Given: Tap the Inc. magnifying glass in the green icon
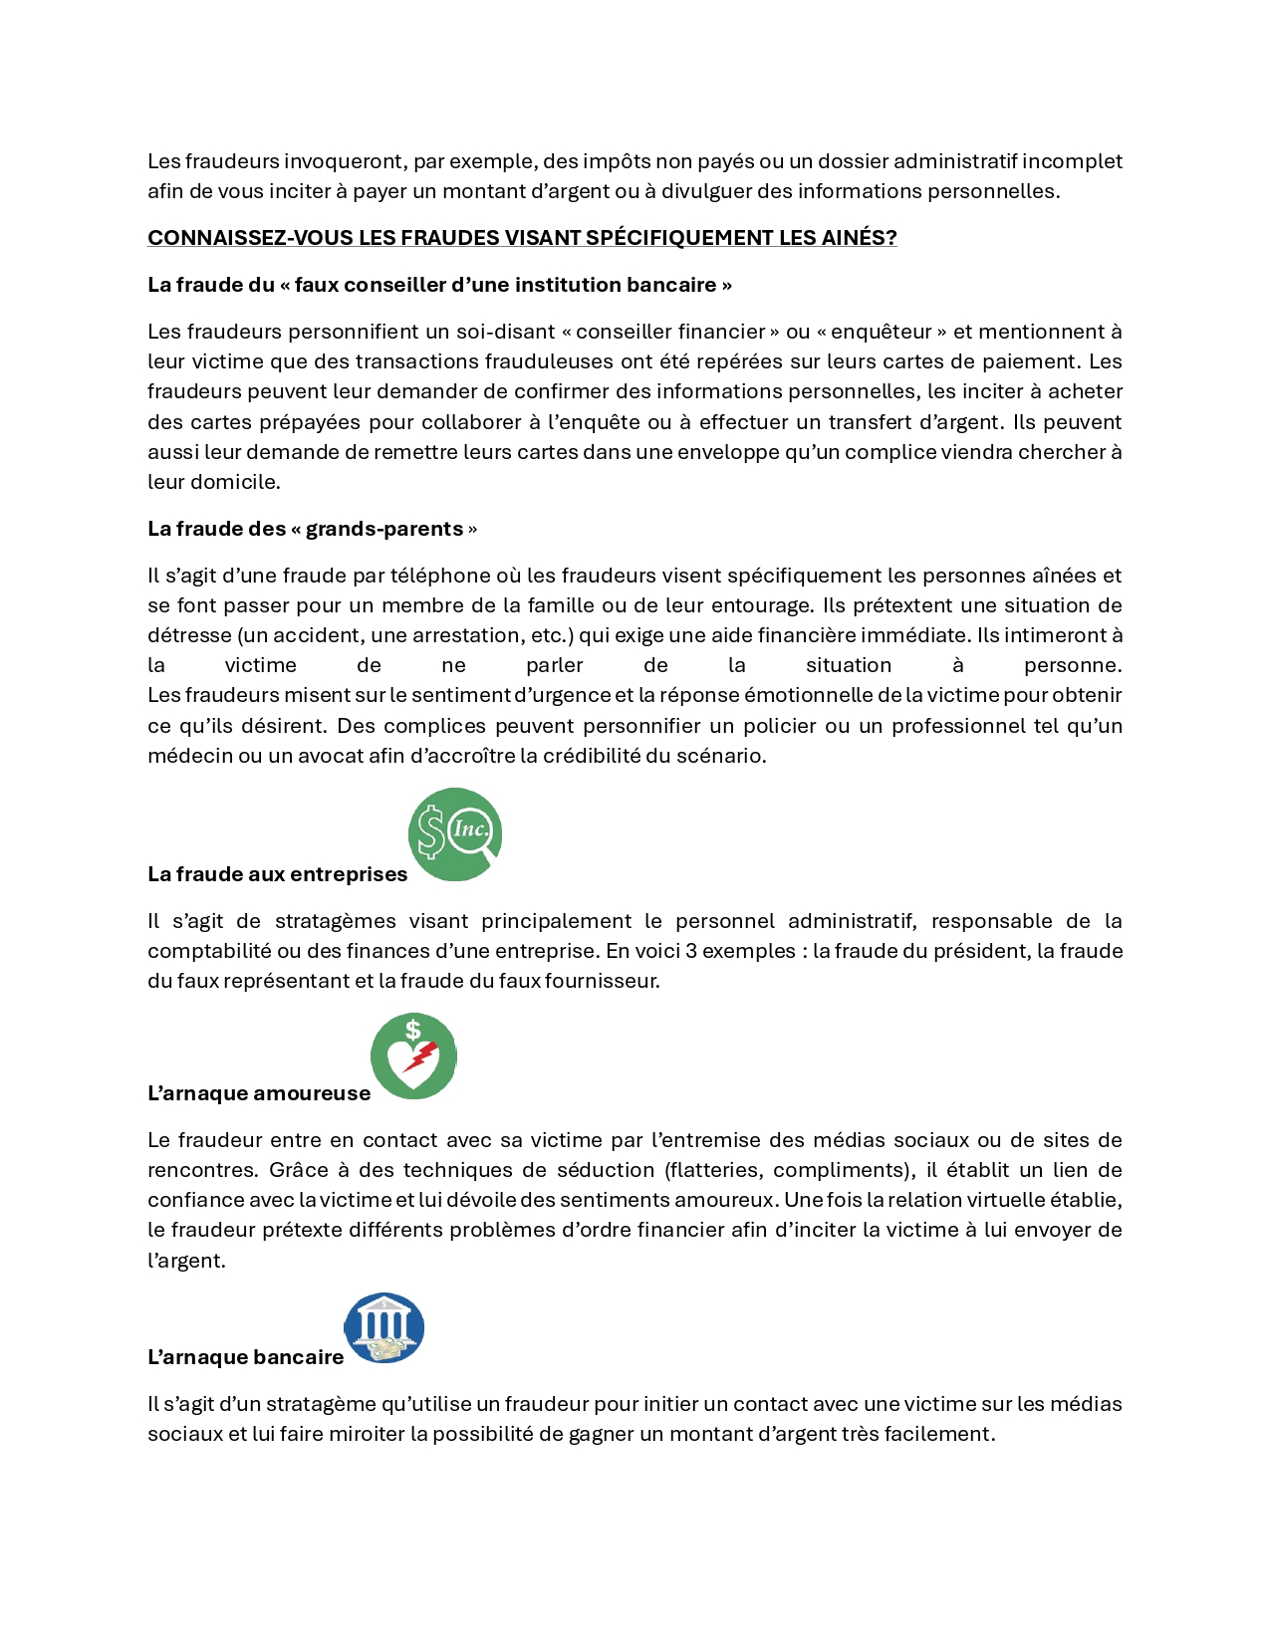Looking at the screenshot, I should [x=472, y=830].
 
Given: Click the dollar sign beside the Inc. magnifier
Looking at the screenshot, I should [x=431, y=832].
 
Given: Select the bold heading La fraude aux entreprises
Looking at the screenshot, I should [x=277, y=874].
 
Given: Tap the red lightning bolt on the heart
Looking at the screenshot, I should [x=423, y=1055].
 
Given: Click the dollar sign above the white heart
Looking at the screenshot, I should [x=413, y=1030].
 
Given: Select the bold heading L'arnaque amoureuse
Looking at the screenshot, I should [x=258, y=1093].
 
